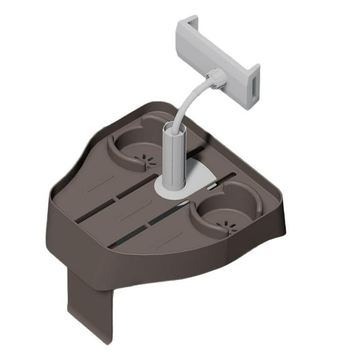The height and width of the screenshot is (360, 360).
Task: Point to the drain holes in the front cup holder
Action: [226, 224]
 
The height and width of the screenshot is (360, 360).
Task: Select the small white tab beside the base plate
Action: [214, 186]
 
